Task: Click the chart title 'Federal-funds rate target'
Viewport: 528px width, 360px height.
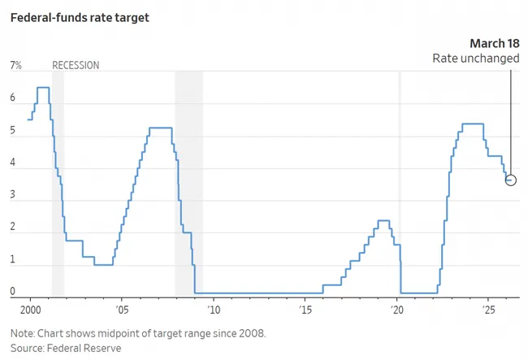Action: coord(79,17)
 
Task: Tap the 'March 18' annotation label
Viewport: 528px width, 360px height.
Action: coord(494,42)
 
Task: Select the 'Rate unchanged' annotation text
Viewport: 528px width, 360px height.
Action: coord(475,59)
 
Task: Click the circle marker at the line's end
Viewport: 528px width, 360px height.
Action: coord(510,180)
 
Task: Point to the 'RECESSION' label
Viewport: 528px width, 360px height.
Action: coord(76,66)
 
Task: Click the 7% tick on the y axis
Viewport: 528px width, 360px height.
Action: coord(15,66)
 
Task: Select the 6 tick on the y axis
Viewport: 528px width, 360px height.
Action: coord(12,98)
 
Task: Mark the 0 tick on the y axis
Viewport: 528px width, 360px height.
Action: coord(12,292)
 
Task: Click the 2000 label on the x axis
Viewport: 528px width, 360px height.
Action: coord(30,310)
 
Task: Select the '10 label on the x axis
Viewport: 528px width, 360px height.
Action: coord(214,310)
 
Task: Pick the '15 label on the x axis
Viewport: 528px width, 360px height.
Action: coord(305,310)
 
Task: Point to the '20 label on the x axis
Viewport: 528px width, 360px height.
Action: coord(397,310)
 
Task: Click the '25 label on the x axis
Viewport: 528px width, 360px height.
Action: coord(489,310)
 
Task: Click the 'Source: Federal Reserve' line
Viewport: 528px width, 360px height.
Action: coord(66,348)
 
